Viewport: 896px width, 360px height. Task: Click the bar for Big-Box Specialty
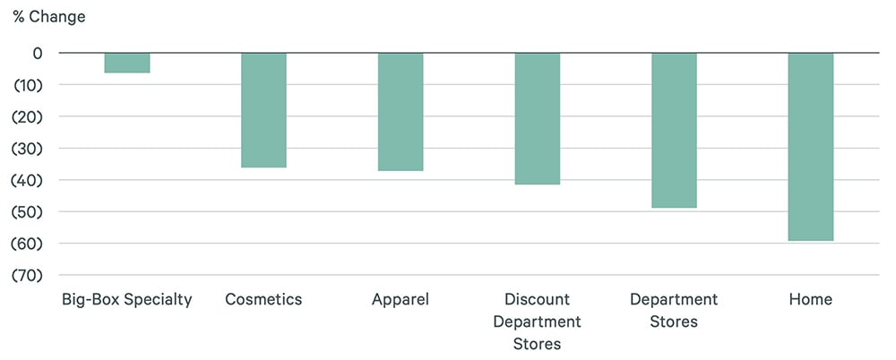127,63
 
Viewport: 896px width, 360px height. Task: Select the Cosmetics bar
263,110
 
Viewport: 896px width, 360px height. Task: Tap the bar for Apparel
401,112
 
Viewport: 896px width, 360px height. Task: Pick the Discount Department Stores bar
537,118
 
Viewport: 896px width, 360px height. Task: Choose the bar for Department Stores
674,130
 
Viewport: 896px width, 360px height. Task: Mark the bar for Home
810,146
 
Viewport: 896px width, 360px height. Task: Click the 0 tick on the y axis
38,53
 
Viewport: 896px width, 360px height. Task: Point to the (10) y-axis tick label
29,85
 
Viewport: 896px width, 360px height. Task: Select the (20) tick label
29,116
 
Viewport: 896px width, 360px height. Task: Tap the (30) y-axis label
29,148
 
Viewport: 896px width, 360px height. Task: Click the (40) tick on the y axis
29,180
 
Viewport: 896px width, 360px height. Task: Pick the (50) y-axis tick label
29,211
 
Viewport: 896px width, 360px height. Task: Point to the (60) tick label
29,243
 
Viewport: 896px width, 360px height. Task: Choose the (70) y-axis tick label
29,275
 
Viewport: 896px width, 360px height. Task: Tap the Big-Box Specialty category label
127,299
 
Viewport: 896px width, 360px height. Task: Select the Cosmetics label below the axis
263,299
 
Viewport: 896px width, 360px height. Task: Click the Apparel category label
401,299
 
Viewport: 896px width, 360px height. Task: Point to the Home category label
810,299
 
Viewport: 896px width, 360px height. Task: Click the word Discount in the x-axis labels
537,299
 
